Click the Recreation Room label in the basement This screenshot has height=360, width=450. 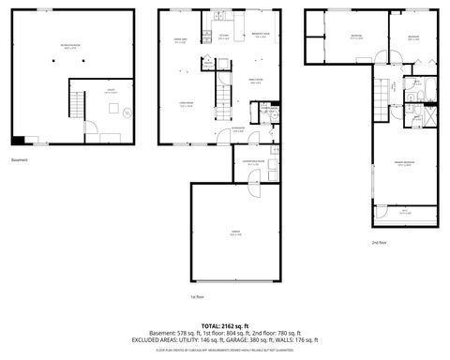(x=70, y=45)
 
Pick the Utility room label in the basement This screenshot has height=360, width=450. (x=110, y=93)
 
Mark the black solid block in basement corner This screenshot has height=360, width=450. (x=17, y=142)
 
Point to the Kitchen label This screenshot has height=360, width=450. (x=224, y=38)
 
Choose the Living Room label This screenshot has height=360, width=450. (x=187, y=106)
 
